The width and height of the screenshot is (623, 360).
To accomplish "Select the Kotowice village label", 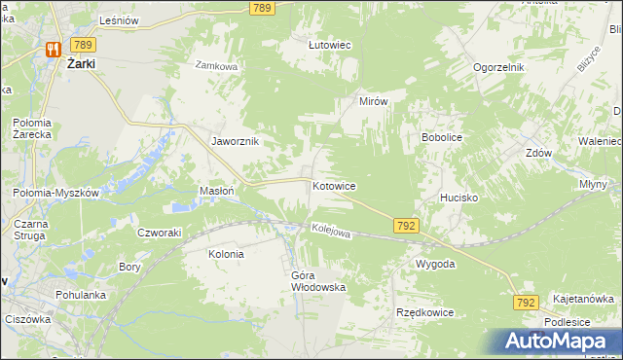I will click(333, 185).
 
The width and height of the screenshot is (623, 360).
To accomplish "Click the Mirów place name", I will click(374, 101).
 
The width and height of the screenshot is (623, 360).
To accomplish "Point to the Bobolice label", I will click(441, 138).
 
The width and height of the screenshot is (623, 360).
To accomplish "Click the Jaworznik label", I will click(235, 141).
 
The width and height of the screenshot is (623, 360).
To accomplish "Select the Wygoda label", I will click(435, 264).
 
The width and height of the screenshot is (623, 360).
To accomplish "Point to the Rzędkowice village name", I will click(422, 312).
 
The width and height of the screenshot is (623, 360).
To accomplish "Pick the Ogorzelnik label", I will click(499, 67).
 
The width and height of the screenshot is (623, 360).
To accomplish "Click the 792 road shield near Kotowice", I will click(407, 225).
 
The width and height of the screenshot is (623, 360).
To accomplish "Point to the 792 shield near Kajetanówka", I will click(526, 304).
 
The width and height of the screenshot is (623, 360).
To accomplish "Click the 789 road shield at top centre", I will click(261, 7).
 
